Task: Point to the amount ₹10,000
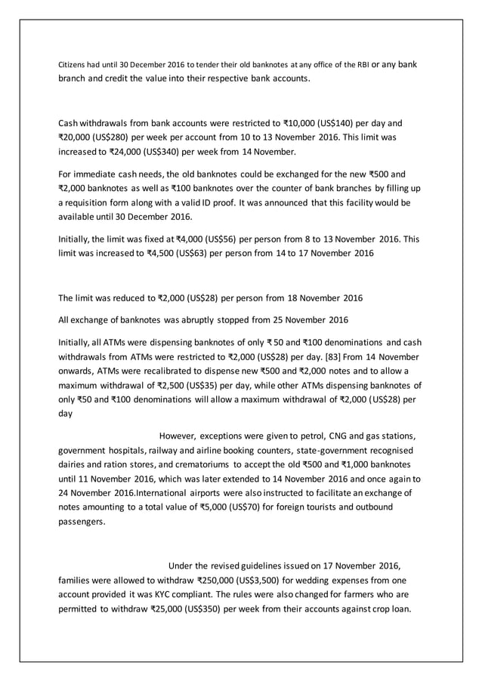[298, 122]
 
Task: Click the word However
[178, 436]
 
